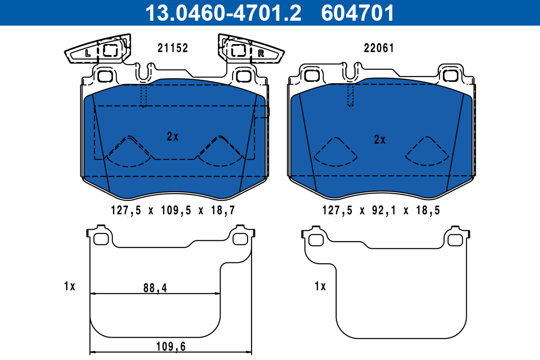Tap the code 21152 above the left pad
click(172, 48)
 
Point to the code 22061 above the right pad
click(378, 48)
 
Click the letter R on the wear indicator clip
click(261, 54)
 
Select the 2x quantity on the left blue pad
click(172, 137)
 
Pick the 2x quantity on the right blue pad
click(380, 139)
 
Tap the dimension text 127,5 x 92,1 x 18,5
click(380, 210)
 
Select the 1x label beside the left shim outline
click(69, 286)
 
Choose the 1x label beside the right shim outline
click(319, 286)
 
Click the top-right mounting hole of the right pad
click(450, 76)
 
